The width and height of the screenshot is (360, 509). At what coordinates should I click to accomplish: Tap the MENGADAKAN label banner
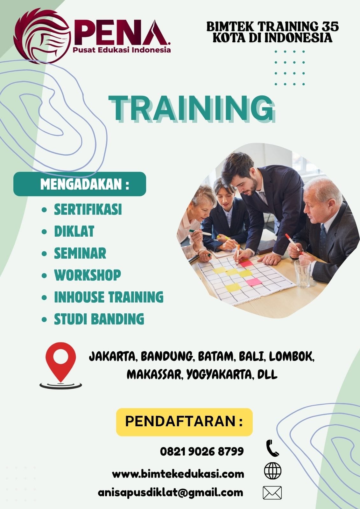pos(80,184)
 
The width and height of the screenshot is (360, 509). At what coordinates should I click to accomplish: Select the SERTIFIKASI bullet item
pos(88,210)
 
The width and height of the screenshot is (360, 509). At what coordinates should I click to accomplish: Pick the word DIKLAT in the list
pos(74,231)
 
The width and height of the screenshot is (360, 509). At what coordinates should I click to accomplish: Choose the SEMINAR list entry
pos(80,253)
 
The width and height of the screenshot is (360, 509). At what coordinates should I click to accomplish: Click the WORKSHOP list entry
pos(88,275)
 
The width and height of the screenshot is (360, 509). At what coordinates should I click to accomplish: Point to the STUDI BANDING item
pos(99,319)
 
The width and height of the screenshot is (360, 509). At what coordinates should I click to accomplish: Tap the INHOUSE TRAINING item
pos(109,297)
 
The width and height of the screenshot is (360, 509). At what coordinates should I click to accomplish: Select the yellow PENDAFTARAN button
pos(184,422)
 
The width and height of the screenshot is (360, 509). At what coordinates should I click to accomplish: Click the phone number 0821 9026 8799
pos(202,451)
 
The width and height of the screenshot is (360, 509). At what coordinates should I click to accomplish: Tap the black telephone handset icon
pos(272,448)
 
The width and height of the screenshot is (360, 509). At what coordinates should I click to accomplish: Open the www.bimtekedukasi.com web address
pos(178,474)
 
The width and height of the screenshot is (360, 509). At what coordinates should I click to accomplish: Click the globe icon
pos(272,471)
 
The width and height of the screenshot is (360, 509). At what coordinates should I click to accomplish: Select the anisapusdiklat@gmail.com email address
pos(170,492)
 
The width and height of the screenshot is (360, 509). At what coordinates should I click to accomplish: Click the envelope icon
pos(272,493)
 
